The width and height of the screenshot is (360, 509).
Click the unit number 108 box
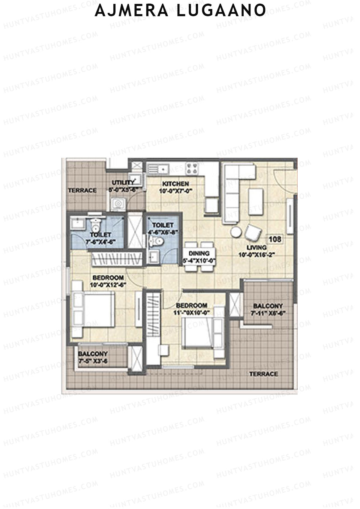pyautogui.click(x=275, y=239)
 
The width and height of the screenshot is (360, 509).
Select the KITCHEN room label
pyautogui.click(x=175, y=184)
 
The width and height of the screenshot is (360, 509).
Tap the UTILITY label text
pyautogui.click(x=123, y=183)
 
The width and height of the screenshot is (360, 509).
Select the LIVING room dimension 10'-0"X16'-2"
pyautogui.click(x=257, y=255)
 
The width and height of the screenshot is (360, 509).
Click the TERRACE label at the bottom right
pyautogui.click(x=264, y=374)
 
